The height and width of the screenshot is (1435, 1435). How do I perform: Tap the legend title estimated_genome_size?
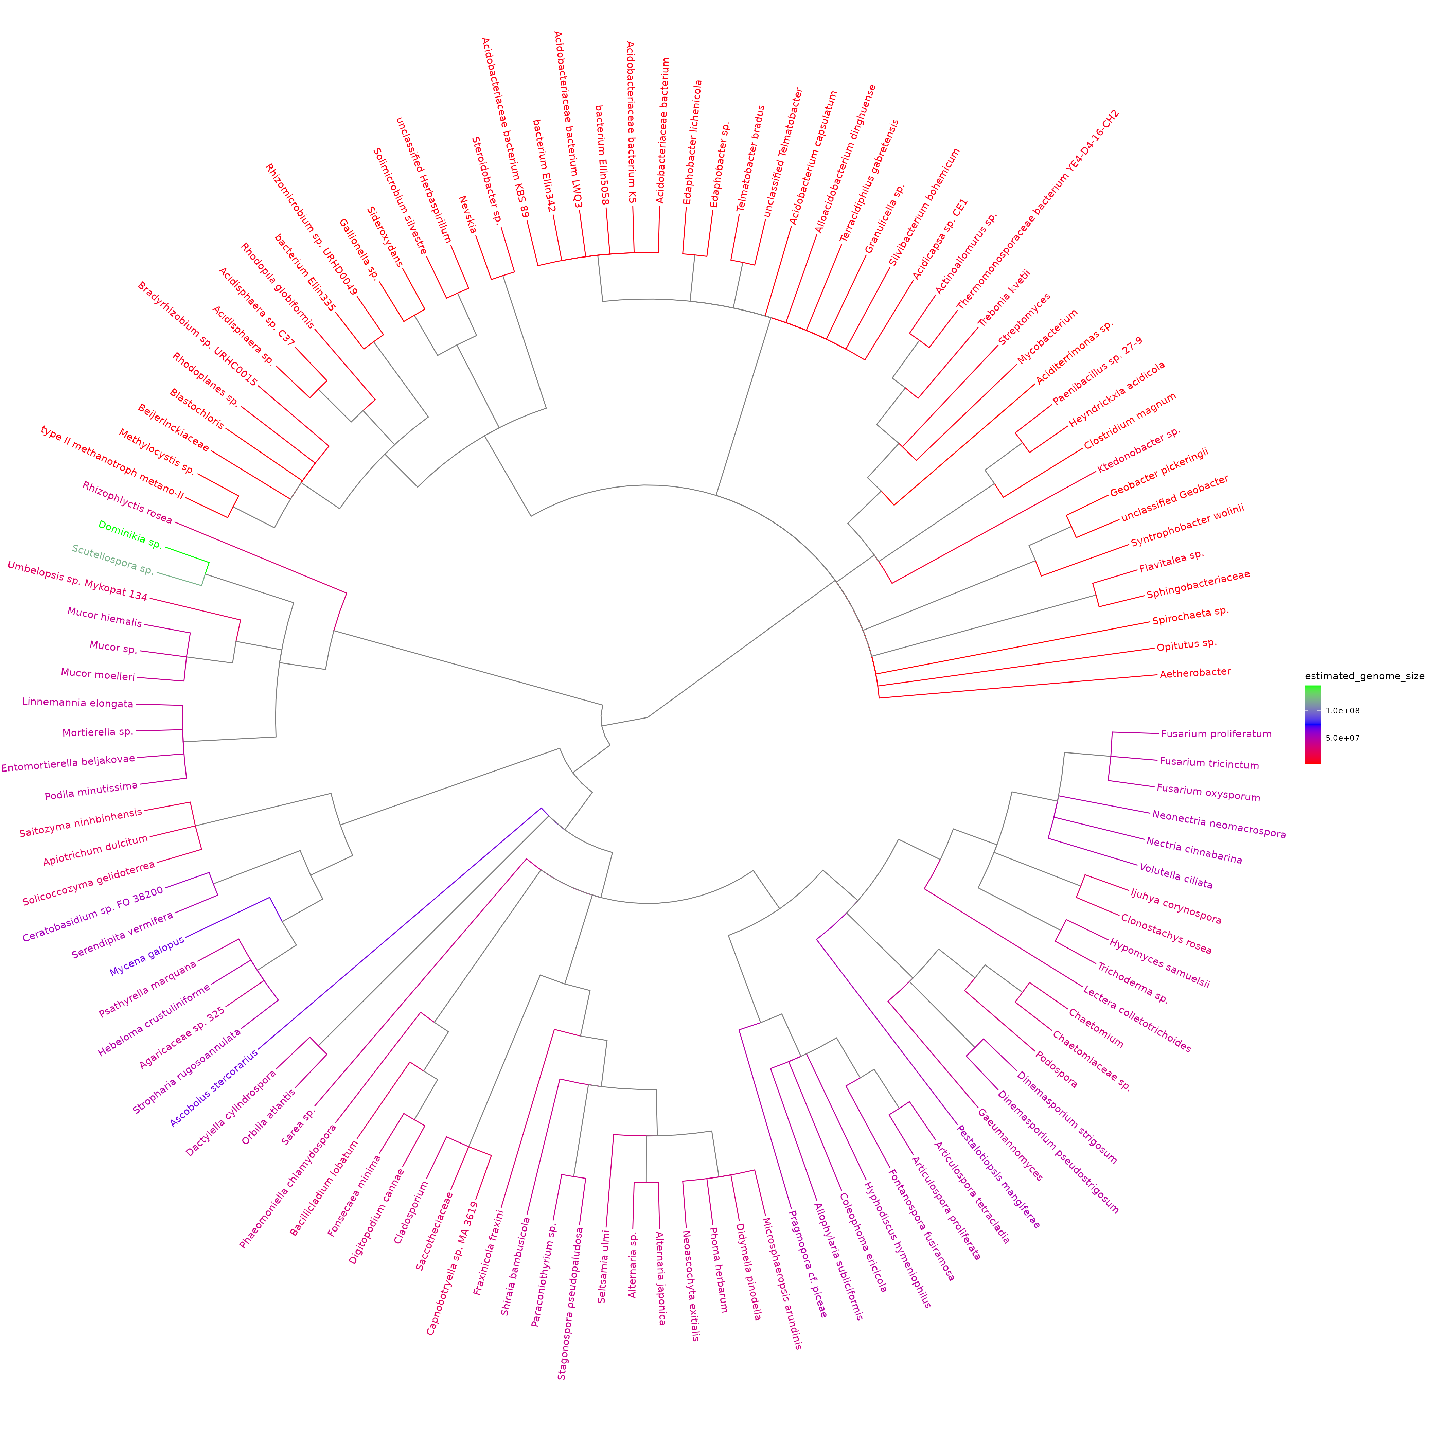pos(1364,676)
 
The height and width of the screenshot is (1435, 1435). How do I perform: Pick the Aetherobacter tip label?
pos(1195,672)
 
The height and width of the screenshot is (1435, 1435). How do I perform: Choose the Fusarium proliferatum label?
pos(1216,734)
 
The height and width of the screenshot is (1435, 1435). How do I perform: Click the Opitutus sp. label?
pos(1186,645)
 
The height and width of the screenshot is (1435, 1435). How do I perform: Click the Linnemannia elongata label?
pos(78,703)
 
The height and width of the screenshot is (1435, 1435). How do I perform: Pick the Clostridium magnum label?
pos(1130,421)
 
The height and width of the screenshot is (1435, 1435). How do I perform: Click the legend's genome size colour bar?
pos(1312,724)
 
